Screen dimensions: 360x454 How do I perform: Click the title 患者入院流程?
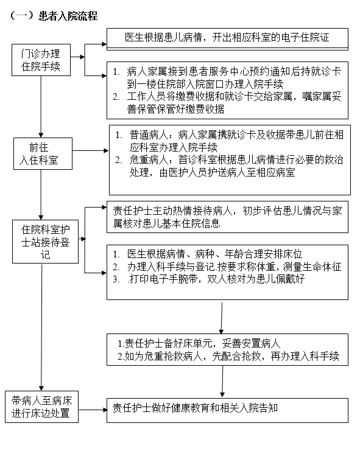coord(68,16)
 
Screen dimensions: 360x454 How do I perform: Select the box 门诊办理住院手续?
coord(41,60)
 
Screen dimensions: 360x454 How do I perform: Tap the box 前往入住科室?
coord(43,153)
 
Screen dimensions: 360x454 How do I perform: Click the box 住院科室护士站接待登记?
coord(45,242)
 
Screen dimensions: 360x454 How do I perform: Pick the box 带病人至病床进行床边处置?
coord(41,407)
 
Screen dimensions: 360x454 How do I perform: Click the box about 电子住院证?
coord(227,39)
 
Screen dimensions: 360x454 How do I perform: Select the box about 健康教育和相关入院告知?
coord(227,410)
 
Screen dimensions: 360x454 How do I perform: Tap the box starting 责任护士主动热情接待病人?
coord(227,217)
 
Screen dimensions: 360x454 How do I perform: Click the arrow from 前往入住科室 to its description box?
coord(90,150)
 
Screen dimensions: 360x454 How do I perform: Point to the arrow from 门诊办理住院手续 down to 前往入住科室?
coord(41,107)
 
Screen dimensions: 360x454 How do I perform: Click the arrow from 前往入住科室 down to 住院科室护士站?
coord(41,195)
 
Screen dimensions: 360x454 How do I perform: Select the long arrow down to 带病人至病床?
coord(42,327)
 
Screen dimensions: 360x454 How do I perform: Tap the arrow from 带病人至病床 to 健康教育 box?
coord(93,410)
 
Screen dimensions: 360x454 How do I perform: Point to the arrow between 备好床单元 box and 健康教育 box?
coord(222,382)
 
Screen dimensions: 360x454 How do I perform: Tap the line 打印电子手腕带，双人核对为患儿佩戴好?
coord(216,279)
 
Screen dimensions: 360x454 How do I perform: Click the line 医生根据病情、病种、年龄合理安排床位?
coord(214,254)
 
